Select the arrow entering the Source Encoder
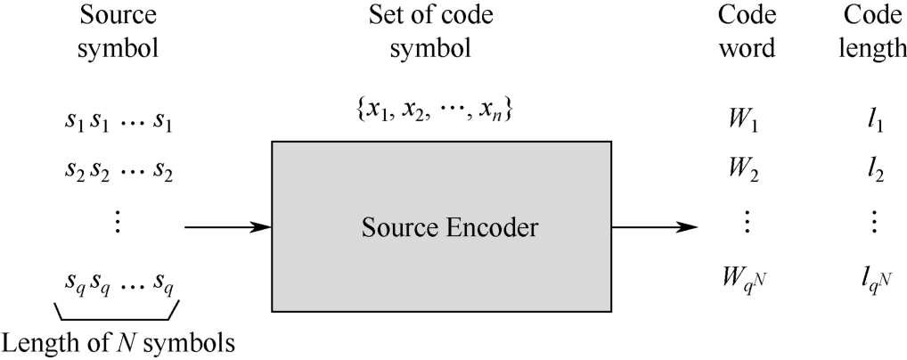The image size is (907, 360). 226,227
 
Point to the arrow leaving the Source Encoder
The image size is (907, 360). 655,227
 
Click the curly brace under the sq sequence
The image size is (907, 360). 118,311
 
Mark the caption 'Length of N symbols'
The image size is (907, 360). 119,341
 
